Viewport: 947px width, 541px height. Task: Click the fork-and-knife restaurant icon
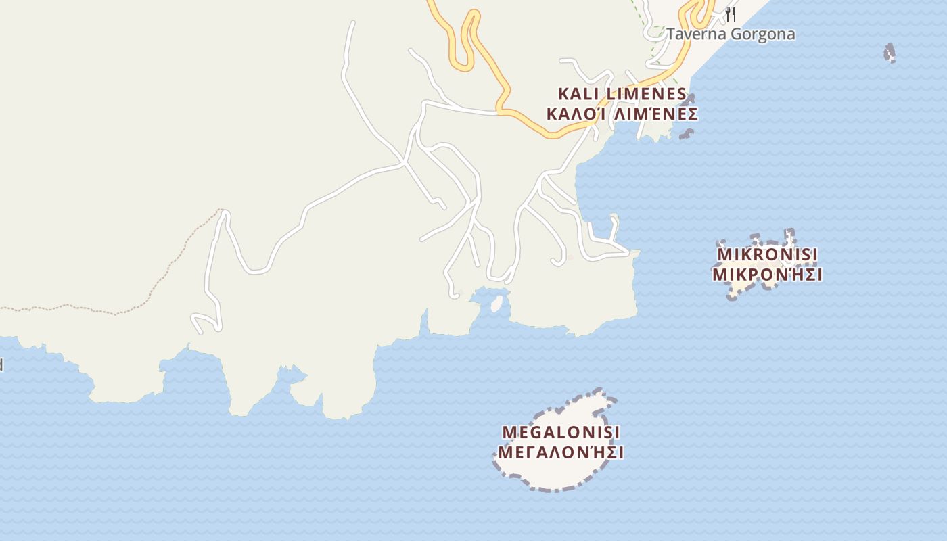tap(731, 14)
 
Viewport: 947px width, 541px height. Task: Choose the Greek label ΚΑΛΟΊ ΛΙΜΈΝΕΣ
tap(622, 114)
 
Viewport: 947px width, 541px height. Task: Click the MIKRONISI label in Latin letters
tap(767, 254)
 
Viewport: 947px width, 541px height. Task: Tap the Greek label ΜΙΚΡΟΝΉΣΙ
tap(767, 275)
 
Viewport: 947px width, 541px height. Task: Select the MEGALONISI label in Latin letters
tap(561, 431)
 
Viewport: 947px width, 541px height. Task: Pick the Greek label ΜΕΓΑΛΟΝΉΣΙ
tap(561, 452)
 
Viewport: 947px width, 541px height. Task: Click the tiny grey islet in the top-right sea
tap(890, 52)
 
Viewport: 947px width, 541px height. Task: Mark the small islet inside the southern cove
tap(497, 304)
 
